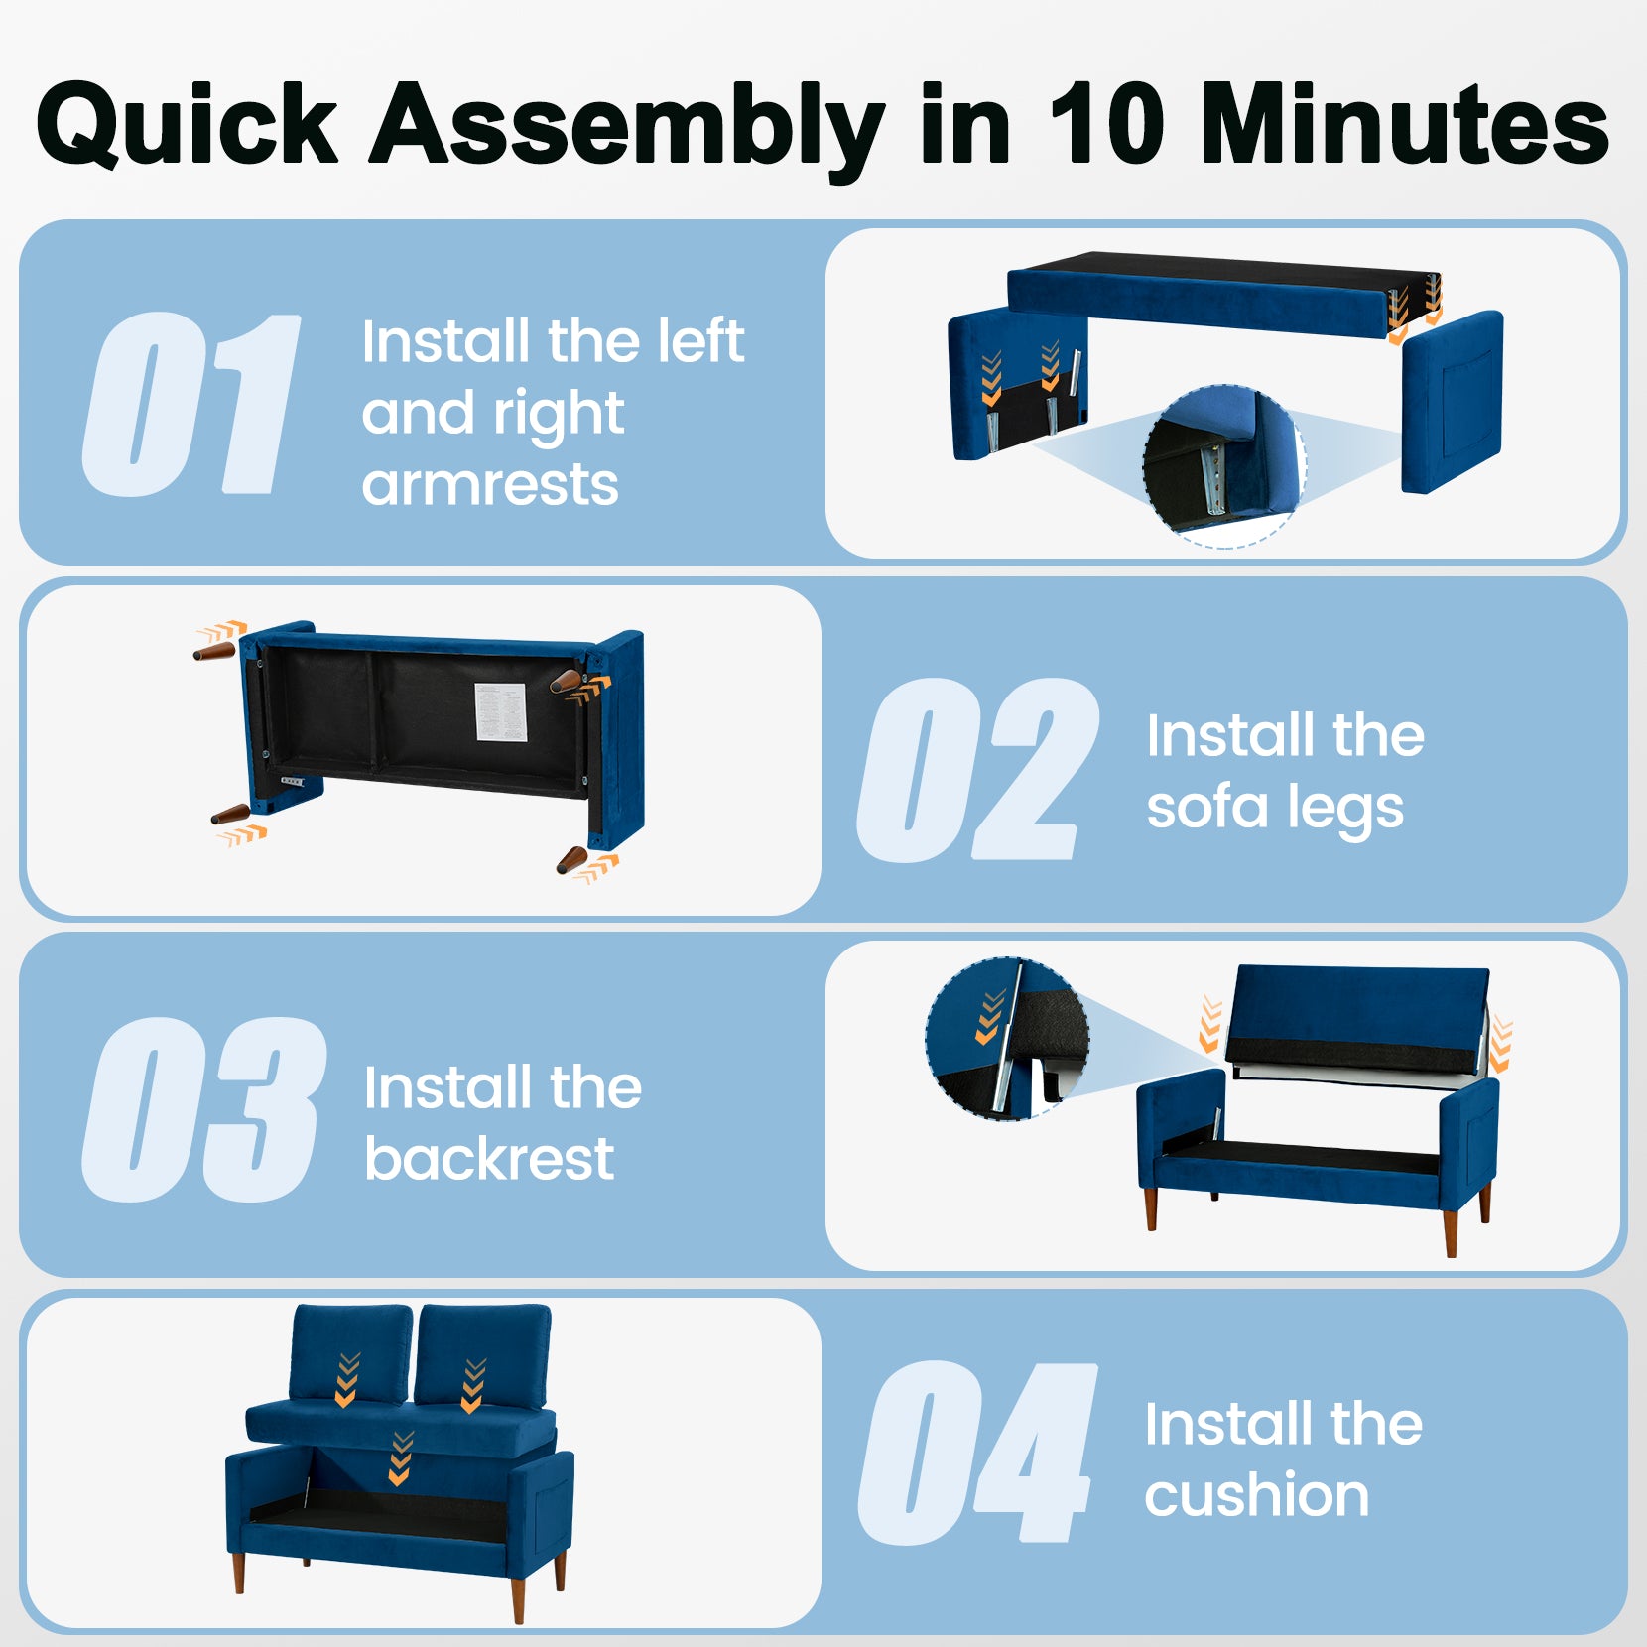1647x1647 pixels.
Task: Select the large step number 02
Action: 977,769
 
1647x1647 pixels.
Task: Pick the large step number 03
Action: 203,1109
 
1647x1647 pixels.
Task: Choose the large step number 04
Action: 977,1454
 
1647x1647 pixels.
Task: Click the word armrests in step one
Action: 490,484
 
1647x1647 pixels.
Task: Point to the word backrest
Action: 489,1158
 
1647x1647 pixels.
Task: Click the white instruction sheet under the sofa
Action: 500,710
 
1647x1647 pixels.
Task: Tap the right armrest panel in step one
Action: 1452,402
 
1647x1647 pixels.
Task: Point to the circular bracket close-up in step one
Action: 1224,466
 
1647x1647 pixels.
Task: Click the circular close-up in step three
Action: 1007,1039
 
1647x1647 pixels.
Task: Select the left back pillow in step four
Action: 351,1354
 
